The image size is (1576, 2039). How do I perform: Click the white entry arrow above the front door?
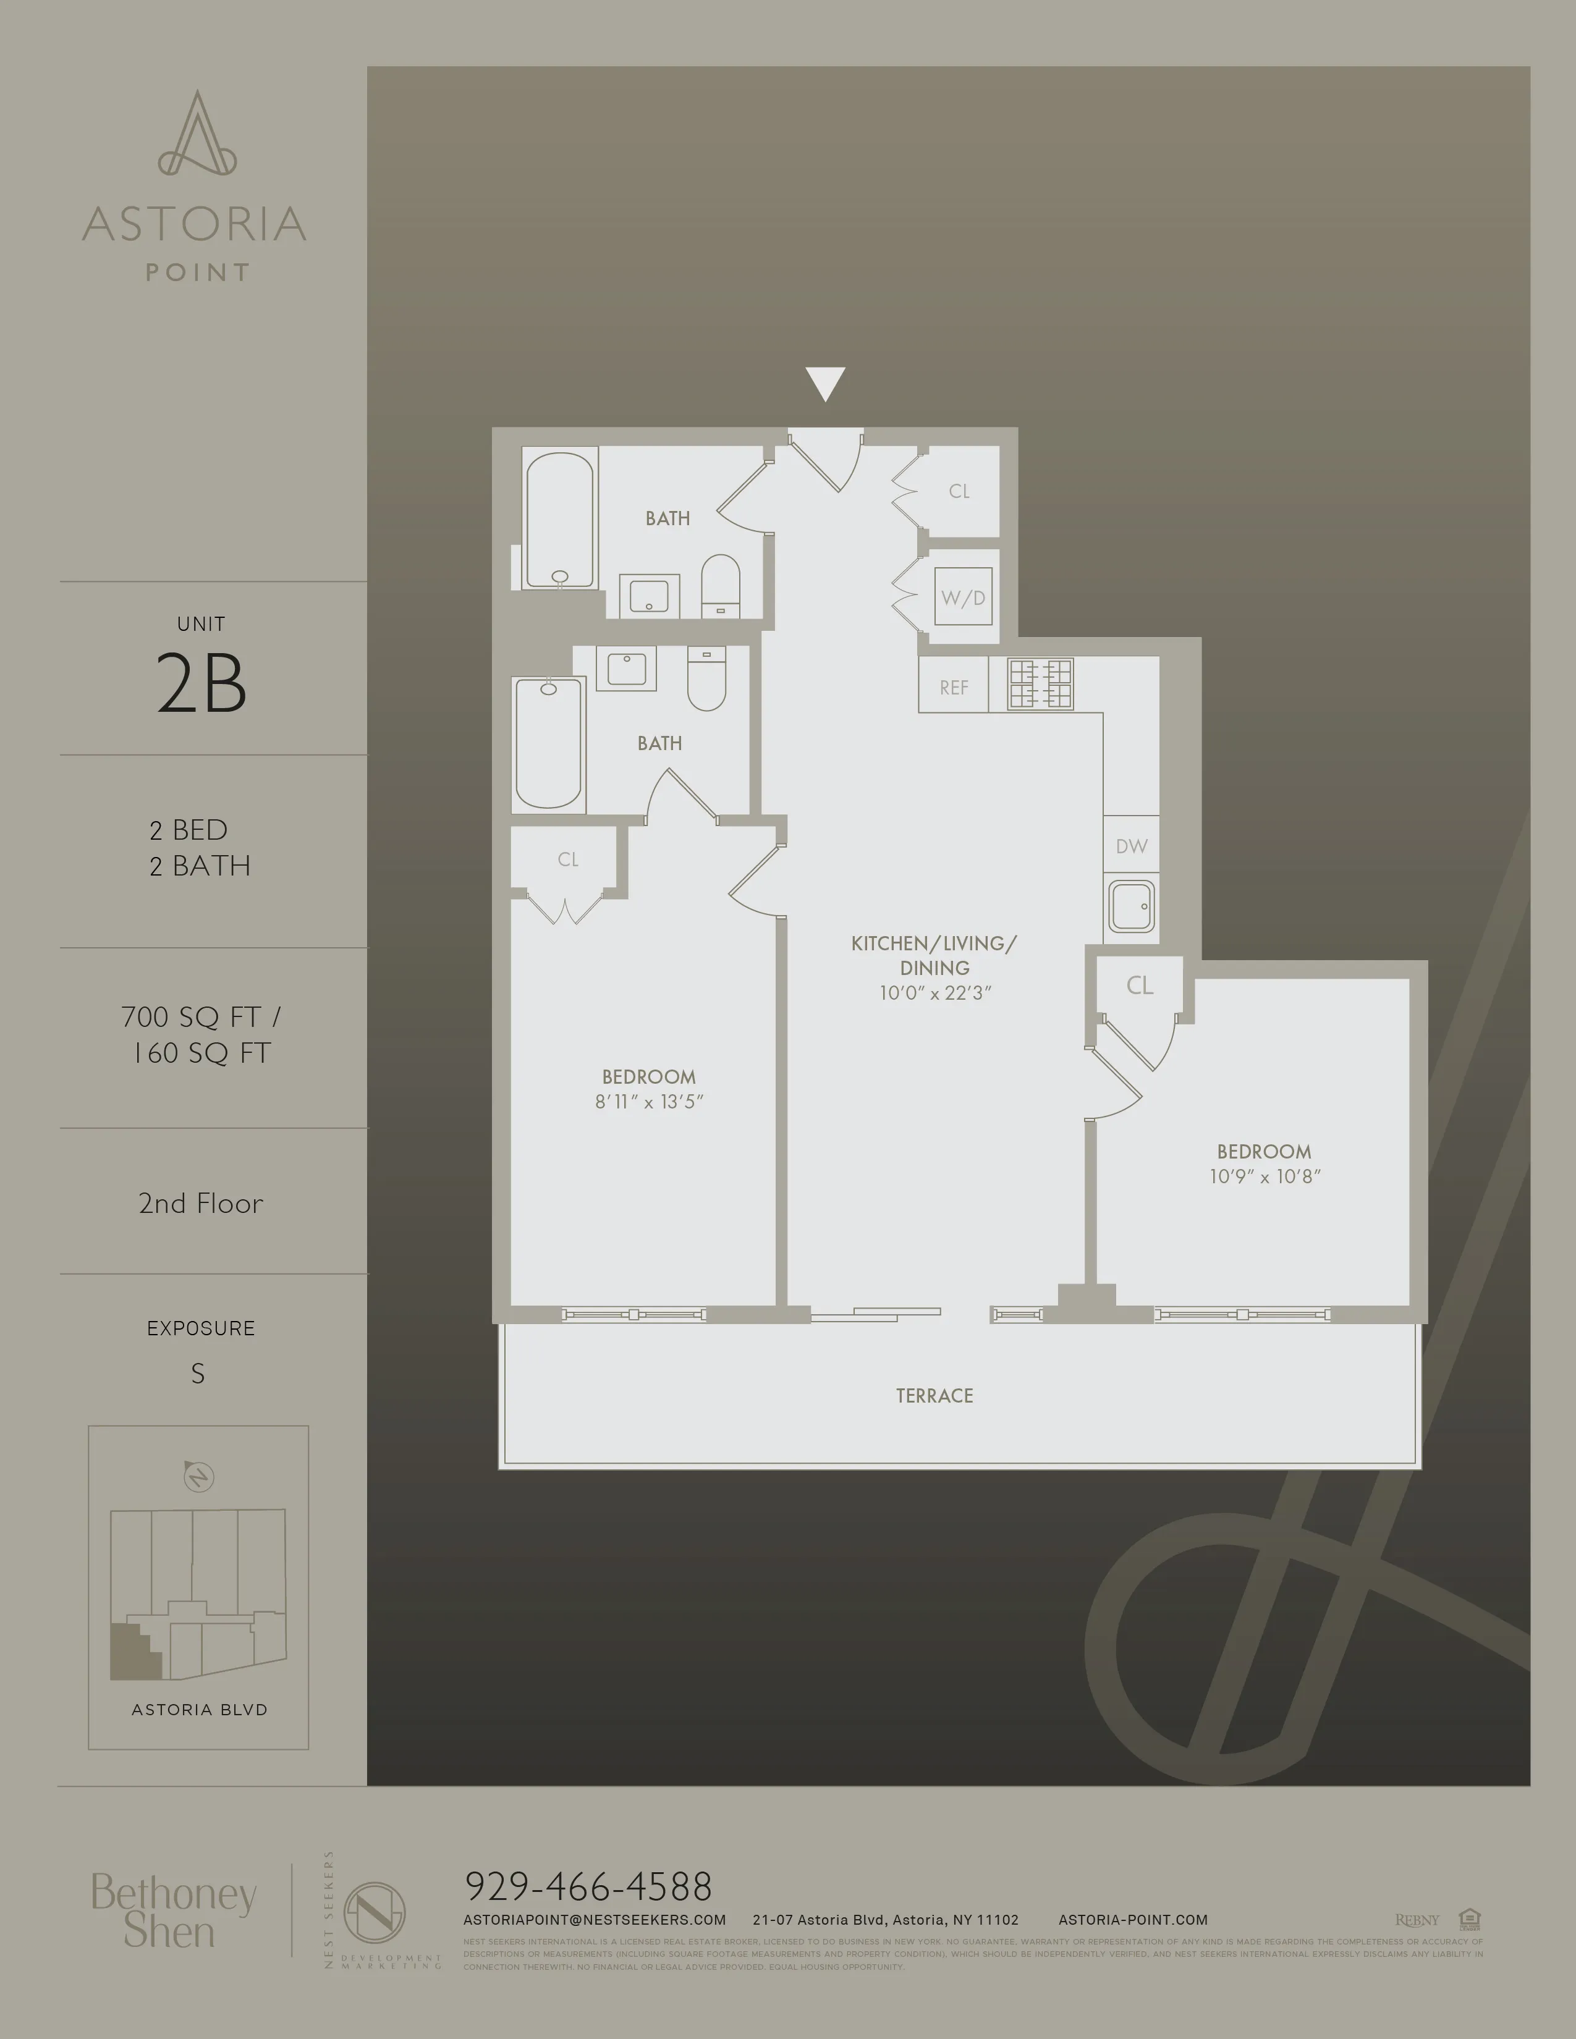(x=825, y=382)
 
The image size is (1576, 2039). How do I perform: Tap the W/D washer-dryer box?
(x=962, y=597)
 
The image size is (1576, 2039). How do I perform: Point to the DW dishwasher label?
(x=1130, y=846)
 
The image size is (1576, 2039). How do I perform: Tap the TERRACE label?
(x=934, y=1396)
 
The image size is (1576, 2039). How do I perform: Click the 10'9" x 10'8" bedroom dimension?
(x=1264, y=1176)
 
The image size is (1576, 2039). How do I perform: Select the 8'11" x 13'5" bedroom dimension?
(x=649, y=1102)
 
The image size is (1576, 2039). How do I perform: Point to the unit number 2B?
(x=201, y=683)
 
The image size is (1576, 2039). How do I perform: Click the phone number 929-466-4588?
(x=588, y=1887)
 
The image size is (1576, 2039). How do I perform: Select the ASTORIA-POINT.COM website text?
(x=1132, y=1920)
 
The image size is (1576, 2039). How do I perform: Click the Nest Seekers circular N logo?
(x=375, y=1912)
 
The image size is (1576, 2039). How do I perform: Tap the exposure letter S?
(x=198, y=1374)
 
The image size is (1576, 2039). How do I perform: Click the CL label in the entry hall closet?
(x=959, y=491)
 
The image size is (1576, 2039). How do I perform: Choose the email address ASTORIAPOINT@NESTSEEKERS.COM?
(x=594, y=1920)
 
